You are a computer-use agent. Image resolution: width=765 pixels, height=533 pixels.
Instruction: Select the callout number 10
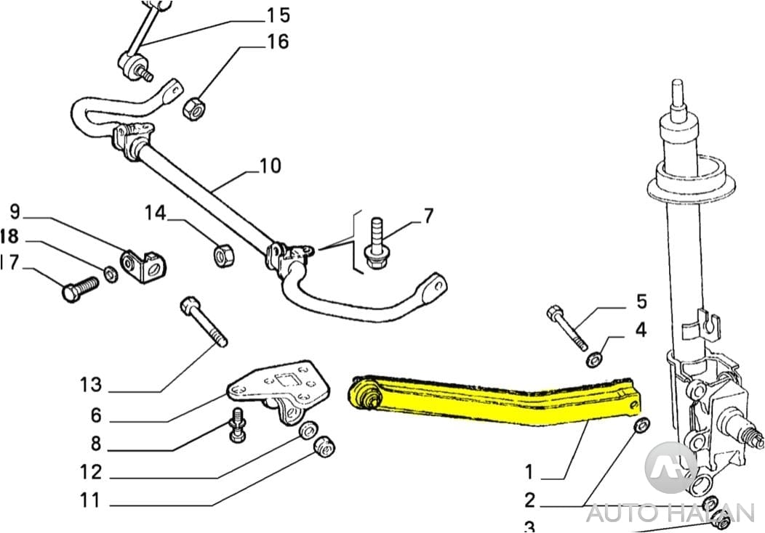pos(270,166)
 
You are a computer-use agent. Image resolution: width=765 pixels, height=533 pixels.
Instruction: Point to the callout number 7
pos(428,216)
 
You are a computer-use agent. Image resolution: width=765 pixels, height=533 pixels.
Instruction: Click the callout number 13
pos(91,384)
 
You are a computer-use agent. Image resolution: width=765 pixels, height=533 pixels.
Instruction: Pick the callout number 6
pos(95,416)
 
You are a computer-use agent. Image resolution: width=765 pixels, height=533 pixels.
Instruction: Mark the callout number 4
pos(640,330)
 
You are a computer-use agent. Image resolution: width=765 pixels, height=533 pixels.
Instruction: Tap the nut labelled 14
pos(222,255)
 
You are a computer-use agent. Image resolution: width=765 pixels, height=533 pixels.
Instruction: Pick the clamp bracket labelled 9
pos(144,267)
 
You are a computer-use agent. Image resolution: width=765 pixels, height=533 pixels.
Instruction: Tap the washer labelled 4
pos(594,359)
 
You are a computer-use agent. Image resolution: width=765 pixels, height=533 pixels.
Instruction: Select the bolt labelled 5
pos(568,329)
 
